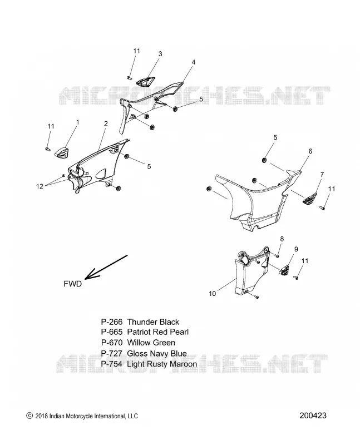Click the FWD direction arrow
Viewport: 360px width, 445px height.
(106, 267)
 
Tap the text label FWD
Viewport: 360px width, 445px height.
(73, 284)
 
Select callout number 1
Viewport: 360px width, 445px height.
(77, 122)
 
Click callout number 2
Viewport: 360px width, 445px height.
(106, 123)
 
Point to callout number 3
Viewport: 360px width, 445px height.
(160, 53)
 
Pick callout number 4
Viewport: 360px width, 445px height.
(194, 62)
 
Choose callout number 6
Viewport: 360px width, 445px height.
(310, 151)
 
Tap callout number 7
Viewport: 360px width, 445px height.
(322, 175)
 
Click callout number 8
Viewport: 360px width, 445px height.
(282, 239)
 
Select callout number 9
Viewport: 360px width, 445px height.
(296, 249)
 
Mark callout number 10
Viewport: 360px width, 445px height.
(213, 294)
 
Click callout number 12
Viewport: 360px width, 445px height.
(40, 186)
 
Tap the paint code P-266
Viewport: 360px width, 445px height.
(112, 322)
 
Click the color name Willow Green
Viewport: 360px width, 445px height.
(151, 343)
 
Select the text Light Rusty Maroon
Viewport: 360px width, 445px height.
(162, 364)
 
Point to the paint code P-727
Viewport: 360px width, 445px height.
(112, 353)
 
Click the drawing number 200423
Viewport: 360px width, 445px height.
(313, 416)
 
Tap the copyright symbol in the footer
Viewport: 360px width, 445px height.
(29, 416)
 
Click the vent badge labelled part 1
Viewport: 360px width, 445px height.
(62, 152)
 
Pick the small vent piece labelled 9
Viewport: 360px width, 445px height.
(284, 270)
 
